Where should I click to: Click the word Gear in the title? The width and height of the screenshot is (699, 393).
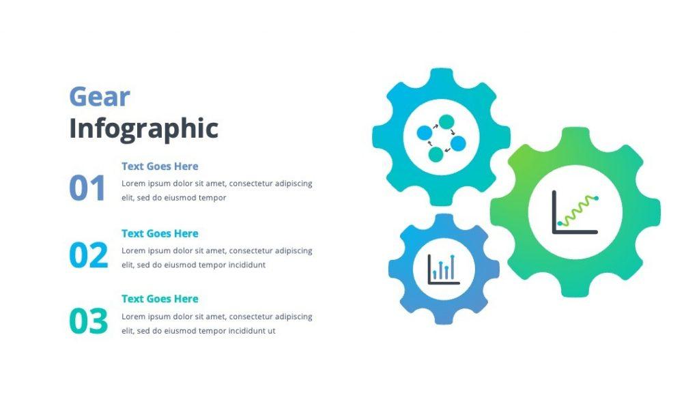tap(99, 97)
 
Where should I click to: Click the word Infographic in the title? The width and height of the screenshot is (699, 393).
tap(143, 128)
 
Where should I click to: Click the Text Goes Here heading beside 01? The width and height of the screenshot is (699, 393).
tap(160, 166)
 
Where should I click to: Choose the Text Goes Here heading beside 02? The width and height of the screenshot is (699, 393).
tap(160, 233)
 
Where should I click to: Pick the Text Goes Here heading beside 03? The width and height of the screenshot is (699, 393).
tap(160, 299)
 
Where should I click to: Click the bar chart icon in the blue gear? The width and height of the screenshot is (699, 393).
tap(444, 269)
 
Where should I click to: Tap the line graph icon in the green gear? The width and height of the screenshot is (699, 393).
tap(575, 212)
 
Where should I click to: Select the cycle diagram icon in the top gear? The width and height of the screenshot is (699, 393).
tap(441, 138)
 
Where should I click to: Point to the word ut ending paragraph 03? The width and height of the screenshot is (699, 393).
tap(271, 331)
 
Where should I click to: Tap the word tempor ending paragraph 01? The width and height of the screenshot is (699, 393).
tap(212, 198)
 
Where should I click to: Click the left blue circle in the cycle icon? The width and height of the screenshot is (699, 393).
tap(425, 132)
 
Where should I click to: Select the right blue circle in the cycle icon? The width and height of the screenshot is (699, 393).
tap(458, 143)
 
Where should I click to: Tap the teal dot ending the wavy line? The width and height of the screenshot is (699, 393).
tap(596, 198)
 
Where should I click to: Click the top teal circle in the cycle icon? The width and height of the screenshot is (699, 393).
tap(446, 121)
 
